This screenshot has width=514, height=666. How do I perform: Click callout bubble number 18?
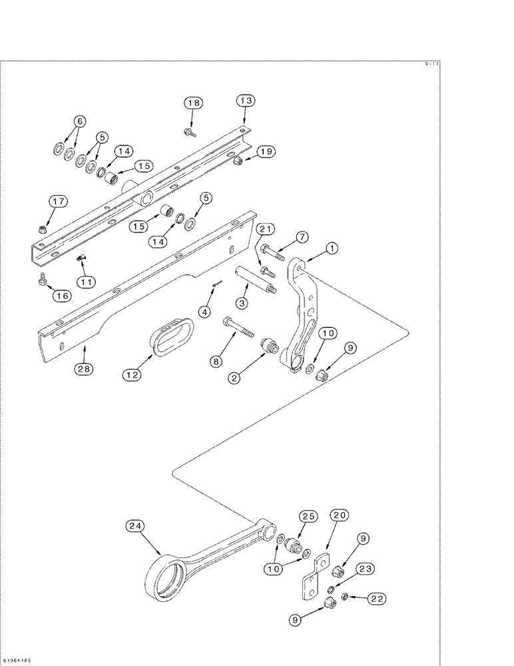192,103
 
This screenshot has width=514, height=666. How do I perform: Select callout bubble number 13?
246,101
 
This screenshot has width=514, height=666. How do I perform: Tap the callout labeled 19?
266,151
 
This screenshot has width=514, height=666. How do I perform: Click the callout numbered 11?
85,282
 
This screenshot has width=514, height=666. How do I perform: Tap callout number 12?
132,374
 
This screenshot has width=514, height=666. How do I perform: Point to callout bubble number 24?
136,525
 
